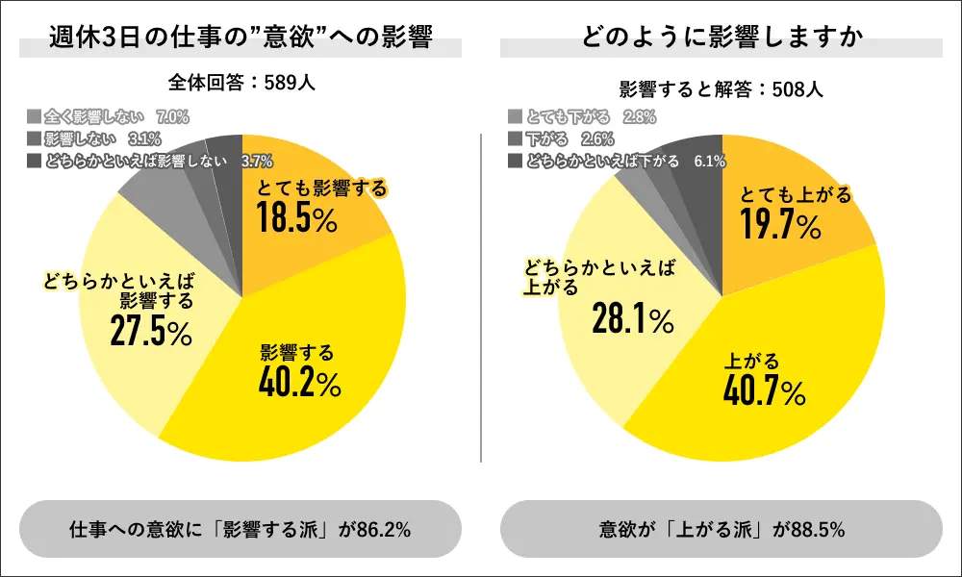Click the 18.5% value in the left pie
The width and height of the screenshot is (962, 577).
click(297, 220)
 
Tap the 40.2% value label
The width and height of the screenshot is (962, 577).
click(299, 383)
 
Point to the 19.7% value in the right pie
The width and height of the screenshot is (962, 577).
click(780, 227)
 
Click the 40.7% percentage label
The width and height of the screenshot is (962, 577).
click(765, 391)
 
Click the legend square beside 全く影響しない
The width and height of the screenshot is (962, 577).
click(34, 117)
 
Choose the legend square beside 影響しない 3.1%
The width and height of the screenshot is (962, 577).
click(34, 138)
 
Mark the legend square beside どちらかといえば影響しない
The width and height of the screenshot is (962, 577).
click(34, 161)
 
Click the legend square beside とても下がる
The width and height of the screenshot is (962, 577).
click(515, 117)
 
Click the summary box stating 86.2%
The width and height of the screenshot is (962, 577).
click(240, 530)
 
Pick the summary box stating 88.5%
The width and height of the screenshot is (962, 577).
click(721, 530)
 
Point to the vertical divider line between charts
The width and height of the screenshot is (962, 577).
click(481, 298)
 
